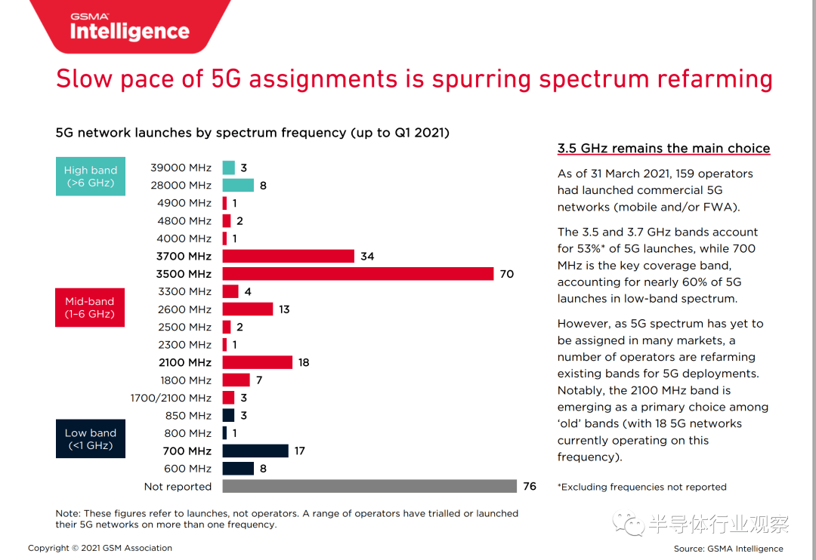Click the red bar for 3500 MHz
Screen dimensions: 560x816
pos(357,274)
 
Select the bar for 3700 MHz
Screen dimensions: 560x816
pos(288,257)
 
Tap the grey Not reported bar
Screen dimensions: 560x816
pos(369,487)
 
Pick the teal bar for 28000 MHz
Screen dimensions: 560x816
pos(238,186)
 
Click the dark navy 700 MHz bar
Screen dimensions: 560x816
pos(255,451)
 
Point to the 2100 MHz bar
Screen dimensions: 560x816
pos(257,363)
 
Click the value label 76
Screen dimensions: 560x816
pos(530,487)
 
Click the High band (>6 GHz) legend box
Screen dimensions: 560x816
pos(91,177)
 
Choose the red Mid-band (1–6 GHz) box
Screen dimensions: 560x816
pos(90,308)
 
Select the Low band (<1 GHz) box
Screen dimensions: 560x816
pos(91,439)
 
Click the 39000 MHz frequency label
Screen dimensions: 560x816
pos(181,168)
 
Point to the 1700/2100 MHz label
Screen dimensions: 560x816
pos(171,398)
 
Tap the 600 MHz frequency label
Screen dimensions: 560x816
pos(188,469)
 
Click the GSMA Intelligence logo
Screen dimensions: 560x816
pos(129,27)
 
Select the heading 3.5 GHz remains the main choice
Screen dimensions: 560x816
pos(663,149)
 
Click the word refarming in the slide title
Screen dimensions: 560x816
pos(714,79)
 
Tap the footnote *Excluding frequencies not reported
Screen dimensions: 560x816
pos(641,488)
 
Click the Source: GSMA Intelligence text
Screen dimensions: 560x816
pos(728,549)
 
